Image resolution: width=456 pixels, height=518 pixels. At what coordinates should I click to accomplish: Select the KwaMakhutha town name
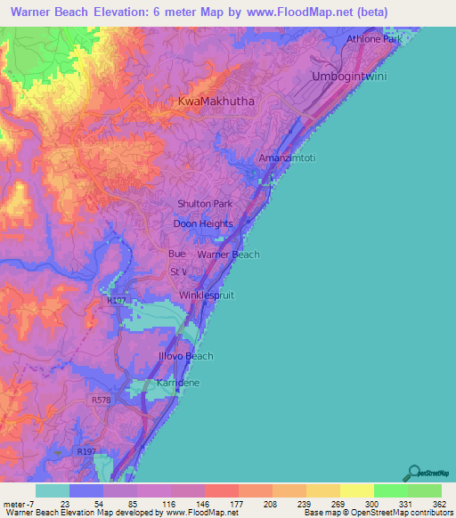click(x=216, y=101)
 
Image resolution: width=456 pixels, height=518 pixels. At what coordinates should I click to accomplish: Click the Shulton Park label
click(x=204, y=204)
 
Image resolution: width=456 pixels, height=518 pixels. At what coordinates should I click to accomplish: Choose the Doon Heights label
click(x=202, y=224)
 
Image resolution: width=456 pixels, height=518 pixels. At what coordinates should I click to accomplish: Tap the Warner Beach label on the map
click(x=228, y=255)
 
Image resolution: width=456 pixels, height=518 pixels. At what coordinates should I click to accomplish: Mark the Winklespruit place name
click(x=207, y=295)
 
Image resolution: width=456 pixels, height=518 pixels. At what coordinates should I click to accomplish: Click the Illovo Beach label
click(x=181, y=356)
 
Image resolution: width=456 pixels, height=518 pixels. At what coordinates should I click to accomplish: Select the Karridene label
click(x=178, y=382)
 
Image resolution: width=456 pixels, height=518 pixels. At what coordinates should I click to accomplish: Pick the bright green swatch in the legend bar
click(x=390, y=490)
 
